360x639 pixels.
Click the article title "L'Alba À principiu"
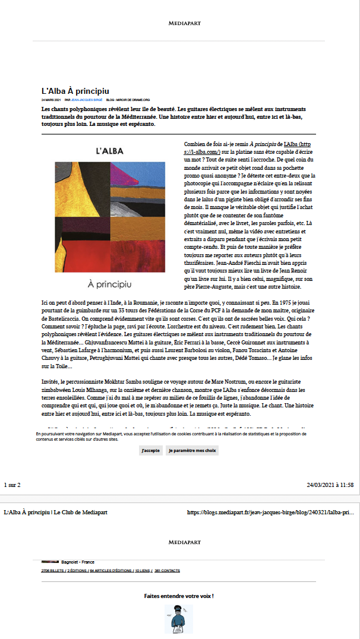(x=75, y=91)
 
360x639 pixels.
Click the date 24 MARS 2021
(x=52, y=100)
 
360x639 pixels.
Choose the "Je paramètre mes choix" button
(x=192, y=451)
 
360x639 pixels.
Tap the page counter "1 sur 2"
(x=12, y=485)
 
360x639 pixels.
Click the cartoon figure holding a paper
(x=178, y=620)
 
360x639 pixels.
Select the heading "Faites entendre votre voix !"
(x=179, y=596)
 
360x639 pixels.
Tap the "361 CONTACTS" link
(x=167, y=571)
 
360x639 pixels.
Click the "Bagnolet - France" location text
(x=78, y=562)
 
